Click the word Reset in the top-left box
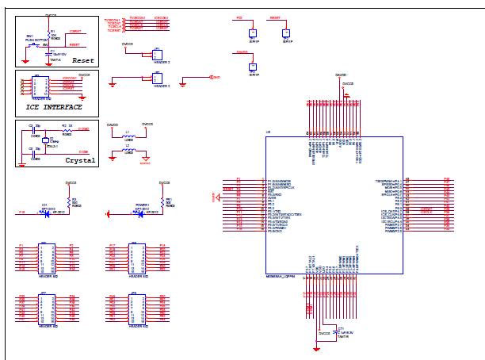pos(83,59)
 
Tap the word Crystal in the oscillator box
pos(79,159)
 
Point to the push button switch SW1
pos(32,44)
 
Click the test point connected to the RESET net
pos(286,33)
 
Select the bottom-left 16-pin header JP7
pos(47,306)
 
